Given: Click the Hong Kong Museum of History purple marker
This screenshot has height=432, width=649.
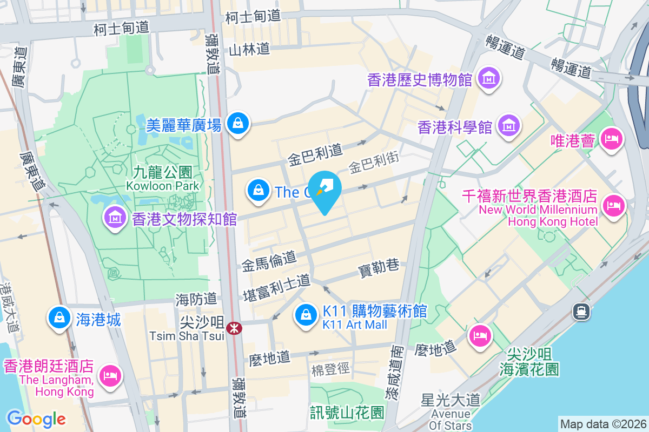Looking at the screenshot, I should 489,79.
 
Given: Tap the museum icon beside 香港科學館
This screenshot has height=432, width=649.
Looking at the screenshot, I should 508,126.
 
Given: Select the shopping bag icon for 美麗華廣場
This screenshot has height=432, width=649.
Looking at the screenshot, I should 237,124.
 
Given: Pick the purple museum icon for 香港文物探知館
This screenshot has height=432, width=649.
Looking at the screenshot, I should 115,218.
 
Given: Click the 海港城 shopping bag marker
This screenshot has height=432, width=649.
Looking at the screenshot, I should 58,318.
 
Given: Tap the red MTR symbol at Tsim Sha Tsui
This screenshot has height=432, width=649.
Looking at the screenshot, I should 234,327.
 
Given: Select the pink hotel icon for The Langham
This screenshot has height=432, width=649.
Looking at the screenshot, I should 110,375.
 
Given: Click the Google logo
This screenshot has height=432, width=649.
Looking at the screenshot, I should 36,418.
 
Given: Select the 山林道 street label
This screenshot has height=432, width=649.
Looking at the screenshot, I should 249,50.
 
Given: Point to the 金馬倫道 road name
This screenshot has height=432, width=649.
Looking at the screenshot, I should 269,262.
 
